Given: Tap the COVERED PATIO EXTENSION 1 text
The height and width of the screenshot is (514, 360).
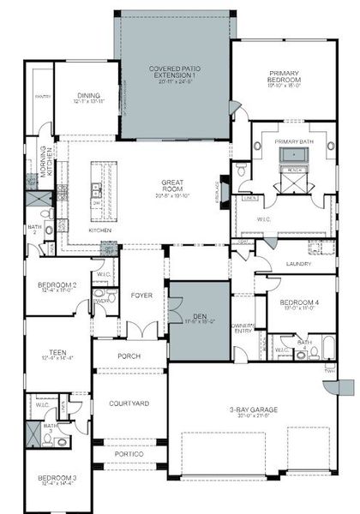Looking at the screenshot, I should click(x=175, y=71).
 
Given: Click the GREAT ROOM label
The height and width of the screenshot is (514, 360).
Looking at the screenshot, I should click(x=174, y=186).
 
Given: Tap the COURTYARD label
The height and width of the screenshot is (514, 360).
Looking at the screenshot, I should click(x=129, y=403).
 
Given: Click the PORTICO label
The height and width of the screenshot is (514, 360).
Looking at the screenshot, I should click(x=129, y=454).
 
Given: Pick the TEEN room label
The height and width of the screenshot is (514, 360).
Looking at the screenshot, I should click(x=57, y=352).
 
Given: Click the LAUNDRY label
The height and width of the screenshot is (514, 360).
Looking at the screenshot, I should click(x=297, y=264).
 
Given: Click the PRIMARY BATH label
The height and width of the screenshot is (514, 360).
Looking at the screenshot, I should click(x=295, y=140).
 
